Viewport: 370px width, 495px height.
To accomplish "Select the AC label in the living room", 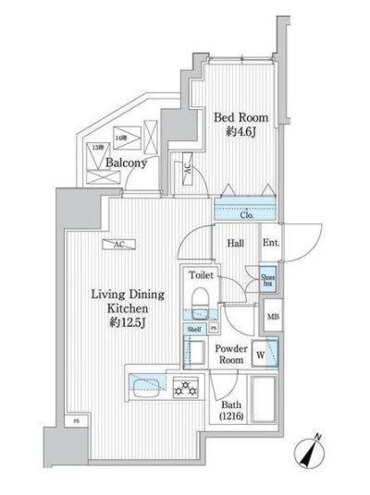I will pos(119,245).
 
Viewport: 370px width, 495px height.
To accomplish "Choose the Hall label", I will pos(236,243).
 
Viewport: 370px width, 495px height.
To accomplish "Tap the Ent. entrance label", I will pos(271,243).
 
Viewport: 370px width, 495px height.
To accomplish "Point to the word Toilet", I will pos(202,275).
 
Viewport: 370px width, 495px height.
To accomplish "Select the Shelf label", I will pos(194,328).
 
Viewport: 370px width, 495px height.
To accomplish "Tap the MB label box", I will pos(272,319).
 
